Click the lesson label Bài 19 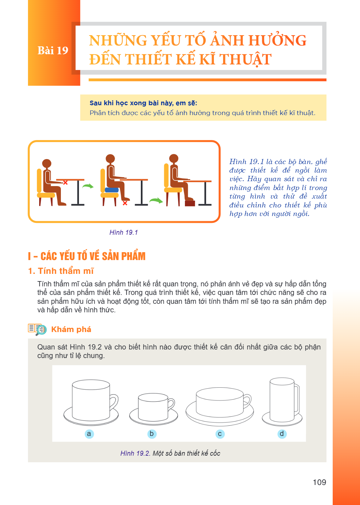pyautogui.click(x=53, y=50)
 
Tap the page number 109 pyautogui.click(x=319, y=482)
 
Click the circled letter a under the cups pyautogui.click(x=89, y=434)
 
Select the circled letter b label pyautogui.click(x=152, y=434)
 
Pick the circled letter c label pyautogui.click(x=220, y=434)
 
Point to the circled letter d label pyautogui.click(x=282, y=434)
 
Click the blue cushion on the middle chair pyautogui.click(x=112, y=190)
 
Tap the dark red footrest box pyautogui.click(x=190, y=203)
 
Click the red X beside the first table pyautogui.click(x=65, y=182)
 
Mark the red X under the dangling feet pyautogui.click(x=125, y=203)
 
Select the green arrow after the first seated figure pyautogui.click(x=88, y=186)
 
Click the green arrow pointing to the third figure pyautogui.click(x=156, y=200)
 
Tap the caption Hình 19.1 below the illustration pyautogui.click(x=123, y=232)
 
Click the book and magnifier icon pyautogui.click(x=37, y=329)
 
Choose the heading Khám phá pyautogui.click(x=71, y=329)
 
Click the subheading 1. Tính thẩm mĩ pyautogui.click(x=61, y=271)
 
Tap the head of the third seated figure pyautogui.click(x=174, y=158)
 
